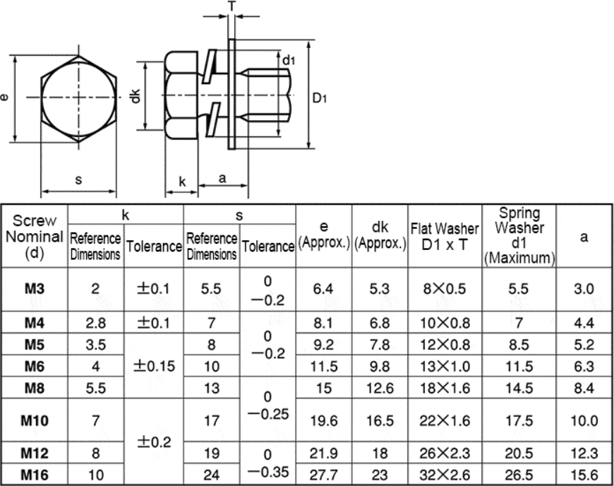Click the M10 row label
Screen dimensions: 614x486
(35, 420)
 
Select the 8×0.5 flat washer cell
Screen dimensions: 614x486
(445, 289)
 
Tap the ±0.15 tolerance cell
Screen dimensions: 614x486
(154, 366)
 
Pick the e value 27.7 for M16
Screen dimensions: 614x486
(323, 475)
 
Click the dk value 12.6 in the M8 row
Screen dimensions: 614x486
(380, 388)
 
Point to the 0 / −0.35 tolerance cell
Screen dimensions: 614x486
(268, 463)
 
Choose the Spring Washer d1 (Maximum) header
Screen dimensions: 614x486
(519, 236)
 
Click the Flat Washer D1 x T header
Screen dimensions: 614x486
(445, 237)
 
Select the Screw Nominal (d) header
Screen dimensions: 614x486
(35, 237)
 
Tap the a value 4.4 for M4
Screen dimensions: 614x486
(584, 323)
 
